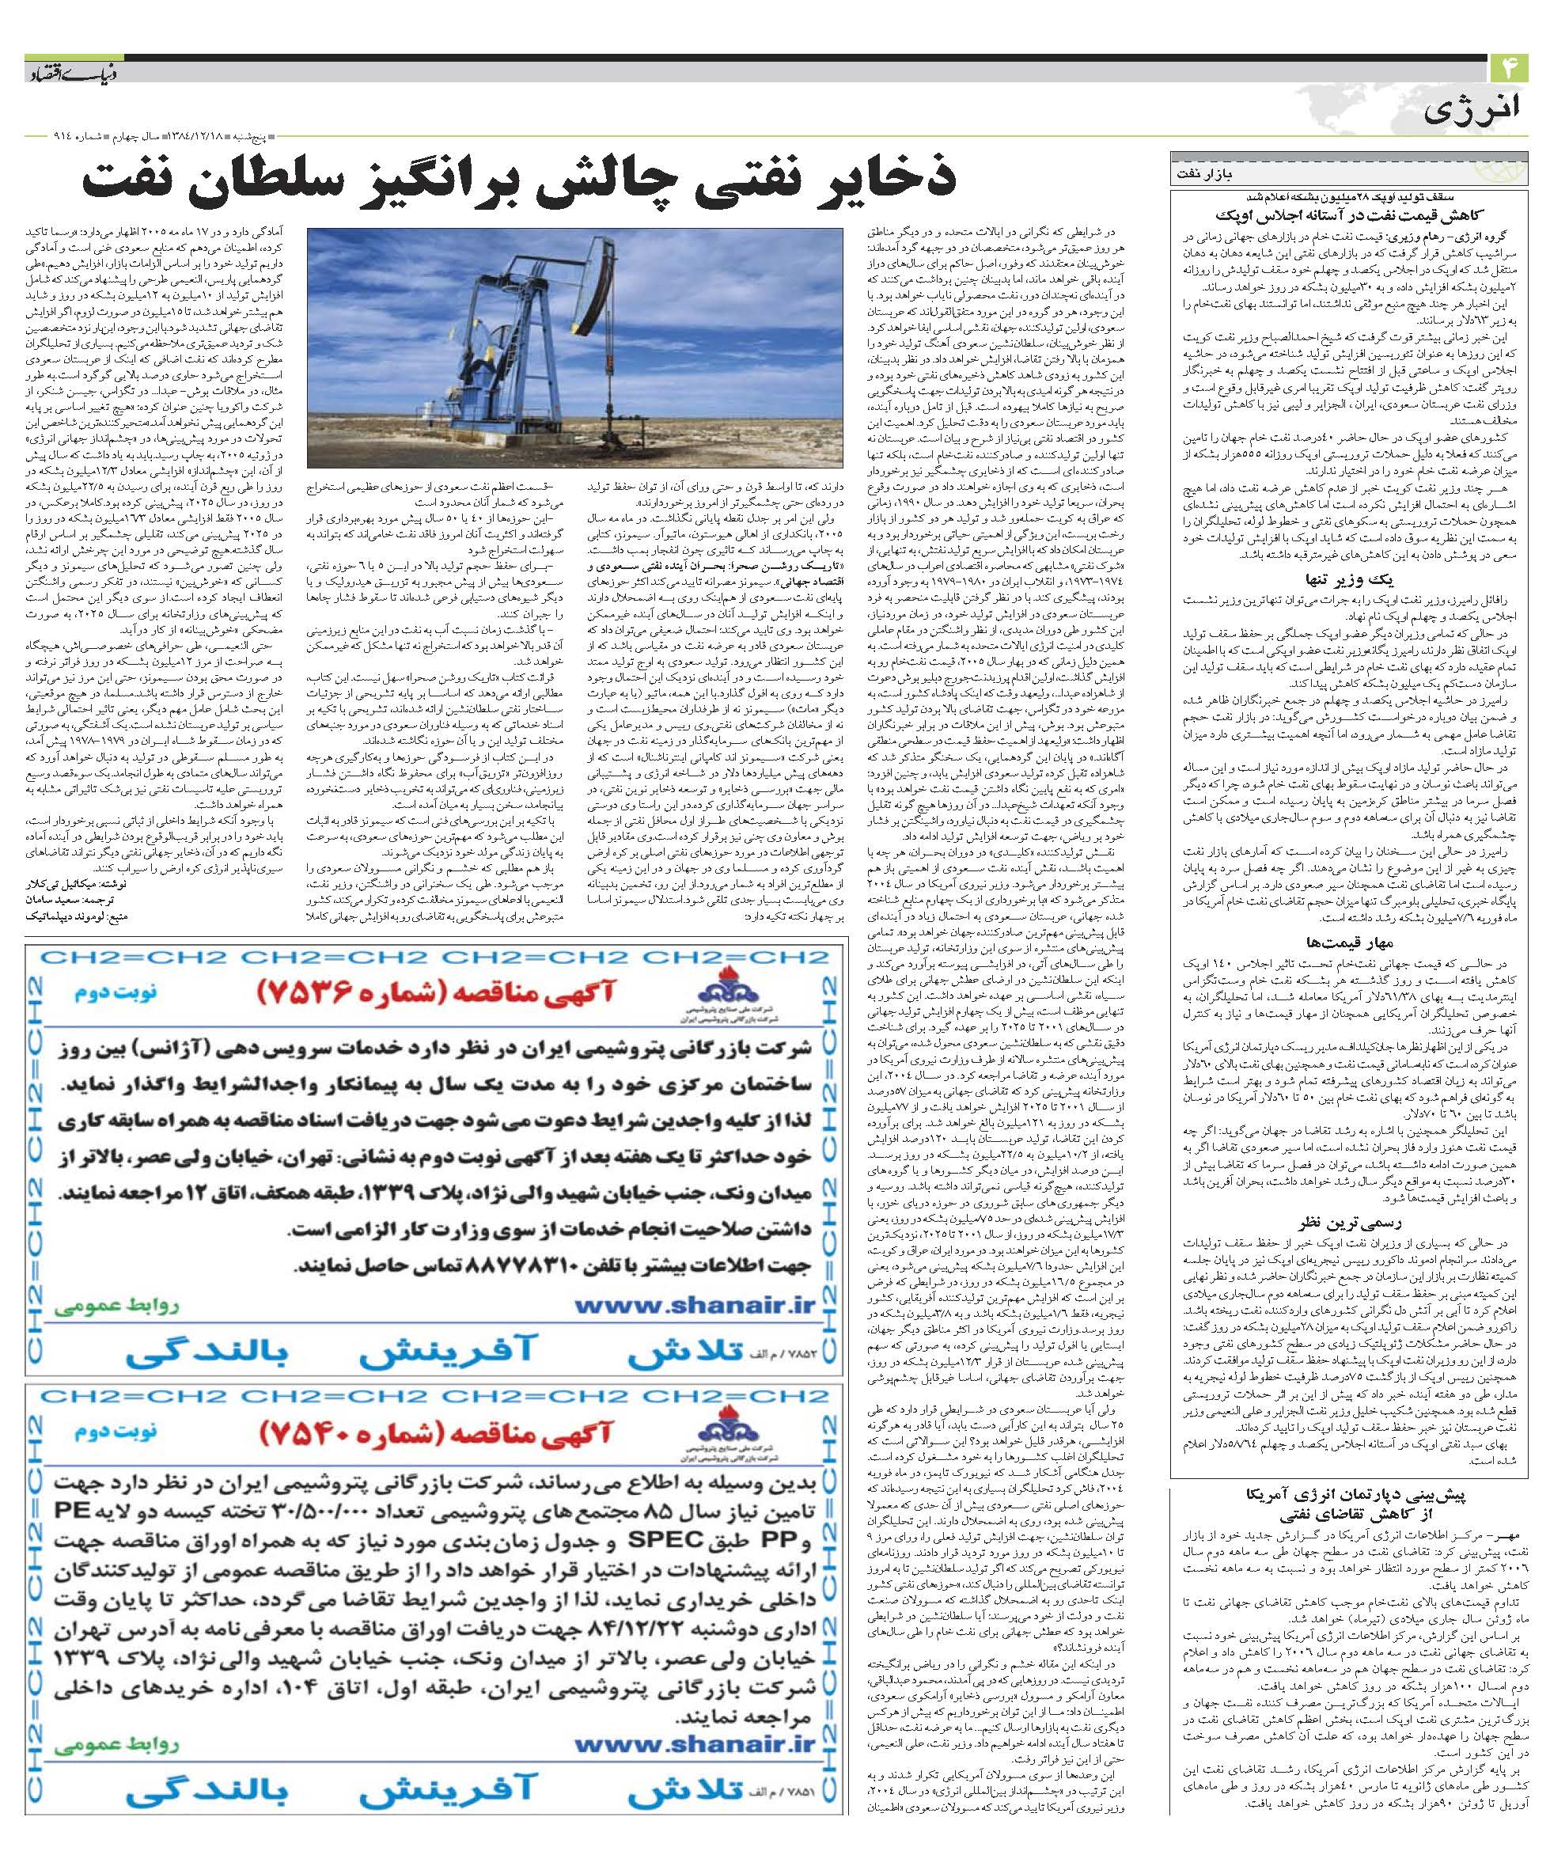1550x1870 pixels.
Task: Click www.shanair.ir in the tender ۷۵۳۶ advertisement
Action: click(x=695, y=1307)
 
